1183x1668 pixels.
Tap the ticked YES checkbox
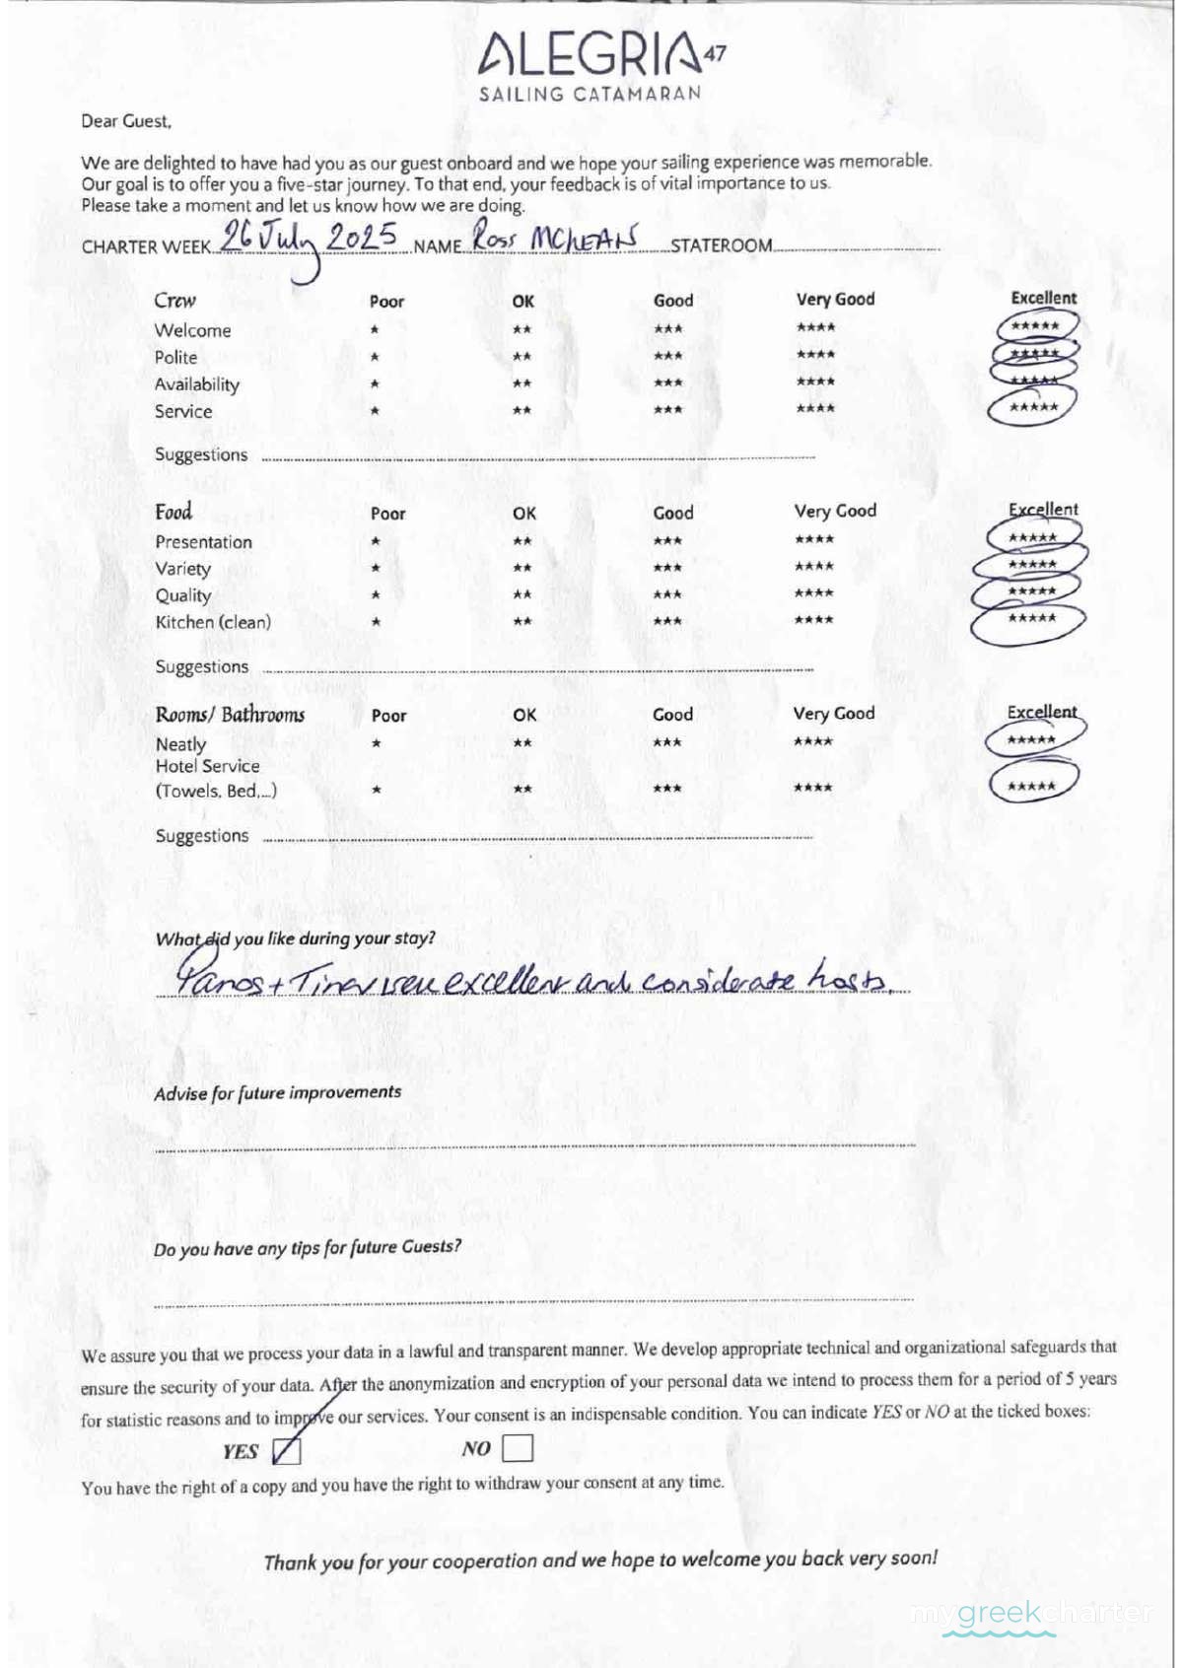pyautogui.click(x=286, y=1450)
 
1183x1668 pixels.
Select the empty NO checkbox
pyautogui.click(x=518, y=1447)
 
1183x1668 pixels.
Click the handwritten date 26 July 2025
pyautogui.click(x=309, y=240)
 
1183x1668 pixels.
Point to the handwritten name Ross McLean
pyautogui.click(x=554, y=238)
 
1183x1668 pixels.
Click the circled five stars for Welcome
pyautogui.click(x=1035, y=326)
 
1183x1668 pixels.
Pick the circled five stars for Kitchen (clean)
pyautogui.click(x=1031, y=619)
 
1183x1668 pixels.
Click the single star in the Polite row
pyautogui.click(x=375, y=357)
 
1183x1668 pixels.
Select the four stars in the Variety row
pyautogui.click(x=814, y=567)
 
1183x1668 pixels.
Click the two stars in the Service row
pyautogui.click(x=522, y=410)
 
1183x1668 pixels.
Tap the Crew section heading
pyautogui.click(x=174, y=301)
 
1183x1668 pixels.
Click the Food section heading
pyautogui.click(x=174, y=512)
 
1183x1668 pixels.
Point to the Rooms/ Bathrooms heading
pyautogui.click(x=230, y=715)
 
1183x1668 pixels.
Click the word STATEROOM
pyautogui.click(x=721, y=245)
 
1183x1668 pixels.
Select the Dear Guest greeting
pyautogui.click(x=126, y=121)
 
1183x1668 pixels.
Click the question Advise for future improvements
pyautogui.click(x=277, y=1092)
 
